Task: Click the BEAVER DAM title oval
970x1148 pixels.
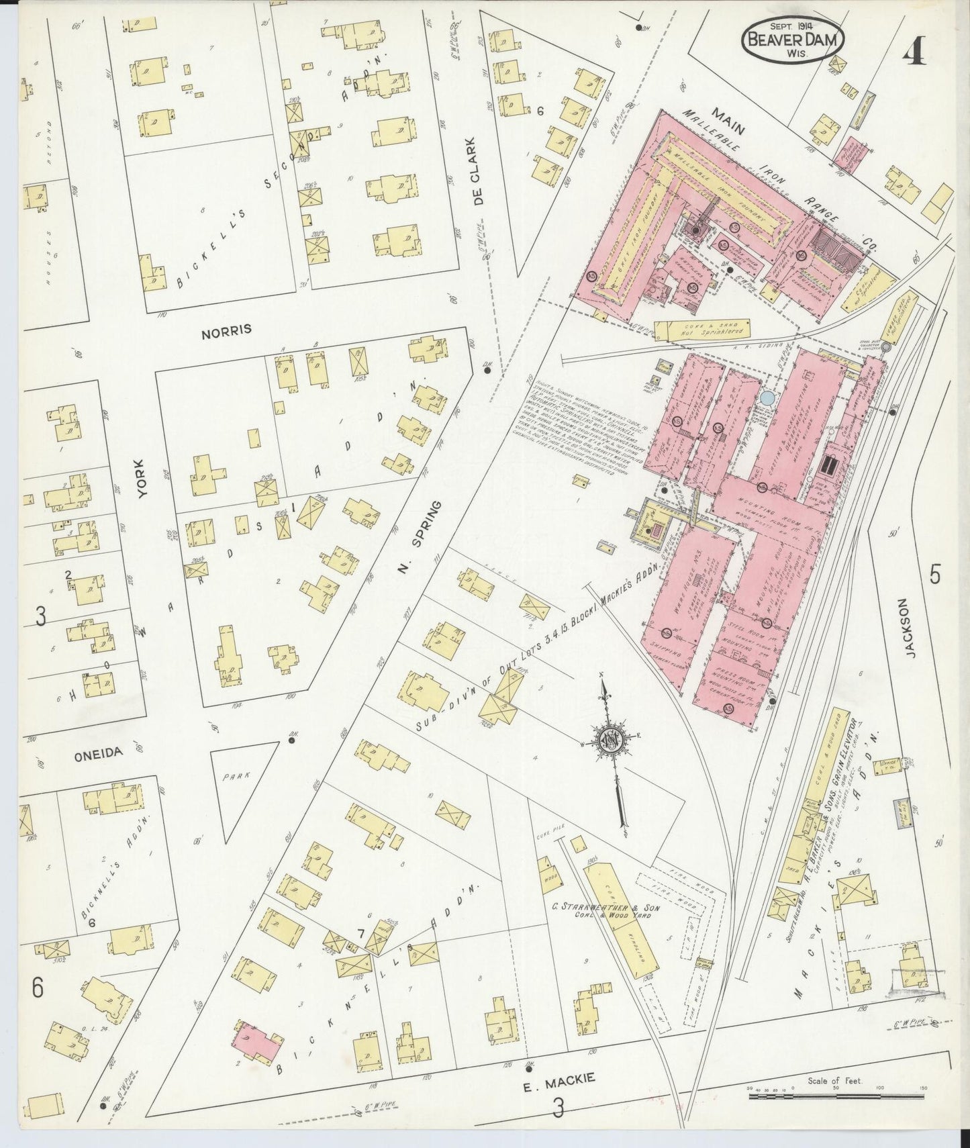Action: click(793, 40)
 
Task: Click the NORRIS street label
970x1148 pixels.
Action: click(225, 330)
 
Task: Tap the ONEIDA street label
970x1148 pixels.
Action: click(99, 753)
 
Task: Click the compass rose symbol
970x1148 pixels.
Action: click(611, 738)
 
